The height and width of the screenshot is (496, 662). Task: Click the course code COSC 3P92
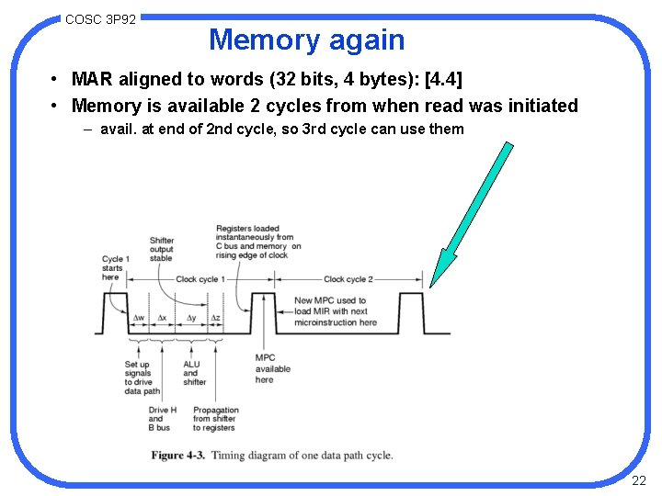pos(101,18)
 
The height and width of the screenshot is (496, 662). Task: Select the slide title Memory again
pos(306,39)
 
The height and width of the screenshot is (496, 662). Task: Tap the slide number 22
pos(639,480)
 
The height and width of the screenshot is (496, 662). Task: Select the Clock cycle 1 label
pos(200,279)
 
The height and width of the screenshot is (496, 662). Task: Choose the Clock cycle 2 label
pos(348,279)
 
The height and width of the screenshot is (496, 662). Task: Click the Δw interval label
pos(139,318)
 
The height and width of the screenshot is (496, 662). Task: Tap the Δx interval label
pos(163,318)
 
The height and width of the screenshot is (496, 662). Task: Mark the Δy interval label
pos(191,318)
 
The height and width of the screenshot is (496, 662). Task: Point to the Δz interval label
pos(215,318)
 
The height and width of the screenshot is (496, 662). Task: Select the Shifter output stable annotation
pos(161,250)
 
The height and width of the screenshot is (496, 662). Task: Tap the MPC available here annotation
pos(272,368)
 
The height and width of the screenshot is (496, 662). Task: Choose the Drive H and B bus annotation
pos(162,419)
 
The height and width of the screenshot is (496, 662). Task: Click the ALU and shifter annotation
pos(194,373)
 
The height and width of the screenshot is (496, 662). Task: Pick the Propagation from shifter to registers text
pos(215,419)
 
